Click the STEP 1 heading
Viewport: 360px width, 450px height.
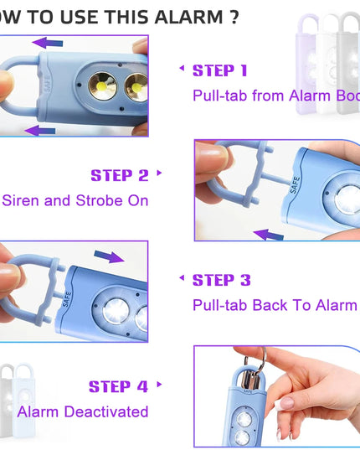220,70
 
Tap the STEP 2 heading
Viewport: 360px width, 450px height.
119,175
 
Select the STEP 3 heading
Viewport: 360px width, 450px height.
222,280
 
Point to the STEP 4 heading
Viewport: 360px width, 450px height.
118,386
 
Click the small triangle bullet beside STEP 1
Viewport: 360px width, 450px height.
181,70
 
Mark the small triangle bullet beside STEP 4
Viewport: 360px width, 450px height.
158,386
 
